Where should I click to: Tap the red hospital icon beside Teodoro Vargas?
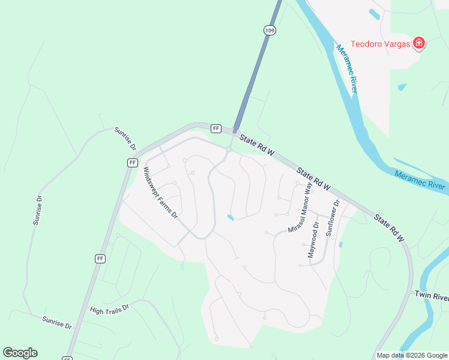[x=419, y=43]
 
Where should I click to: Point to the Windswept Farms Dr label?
[x=160, y=191]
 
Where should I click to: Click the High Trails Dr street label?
[x=109, y=308]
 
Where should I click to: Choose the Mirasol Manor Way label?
[x=301, y=209]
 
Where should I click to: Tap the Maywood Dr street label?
[x=313, y=239]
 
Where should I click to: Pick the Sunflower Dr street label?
[x=333, y=217]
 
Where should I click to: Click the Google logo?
[x=20, y=353]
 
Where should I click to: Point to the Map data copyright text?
[x=412, y=355]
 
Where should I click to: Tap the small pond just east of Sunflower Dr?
[x=341, y=245]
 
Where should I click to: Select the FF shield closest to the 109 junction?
[x=216, y=128]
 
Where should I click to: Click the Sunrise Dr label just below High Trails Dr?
[x=57, y=323]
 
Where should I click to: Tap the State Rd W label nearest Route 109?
[x=257, y=146]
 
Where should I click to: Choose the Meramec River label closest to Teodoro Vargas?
[x=349, y=68]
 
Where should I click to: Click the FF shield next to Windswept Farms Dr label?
[x=133, y=163]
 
